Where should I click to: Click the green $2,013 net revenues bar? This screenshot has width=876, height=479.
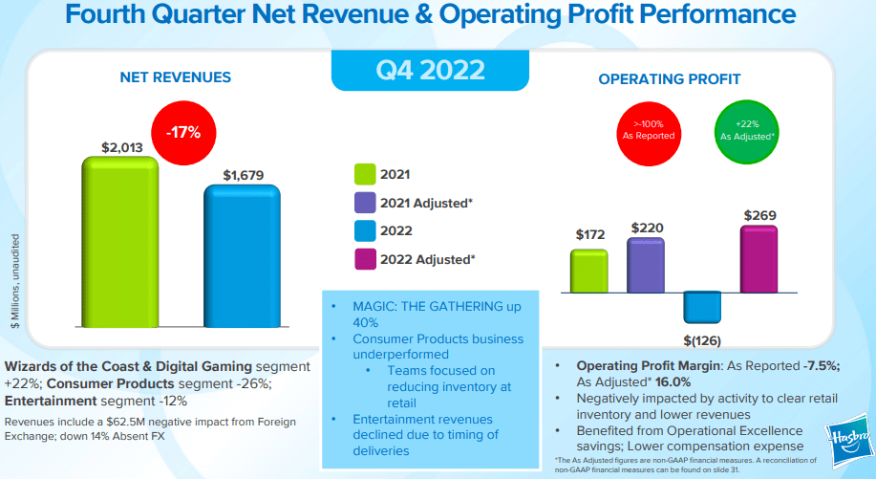118,244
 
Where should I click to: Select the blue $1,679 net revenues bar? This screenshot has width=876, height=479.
242,258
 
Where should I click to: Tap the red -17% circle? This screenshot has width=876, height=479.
183,133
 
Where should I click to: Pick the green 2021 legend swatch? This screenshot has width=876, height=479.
364,174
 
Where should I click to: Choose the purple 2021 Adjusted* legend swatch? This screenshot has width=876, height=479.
364,202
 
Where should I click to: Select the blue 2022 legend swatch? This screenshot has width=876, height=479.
364,229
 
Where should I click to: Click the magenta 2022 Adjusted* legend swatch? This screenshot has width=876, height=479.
364,258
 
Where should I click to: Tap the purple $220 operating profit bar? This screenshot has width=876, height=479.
646,265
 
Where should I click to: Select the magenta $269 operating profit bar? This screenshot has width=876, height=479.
758,258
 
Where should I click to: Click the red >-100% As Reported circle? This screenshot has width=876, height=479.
649,130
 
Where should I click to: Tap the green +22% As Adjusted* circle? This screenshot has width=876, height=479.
744,130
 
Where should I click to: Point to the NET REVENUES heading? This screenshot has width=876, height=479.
175,77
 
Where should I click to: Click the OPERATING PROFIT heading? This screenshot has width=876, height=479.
670,79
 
